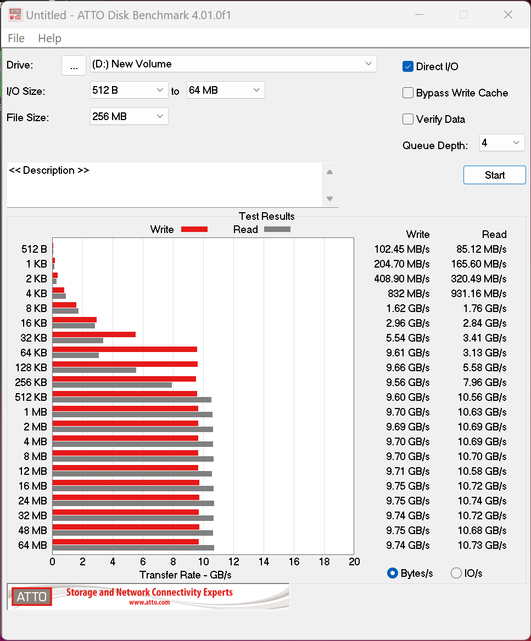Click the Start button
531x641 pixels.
tap(494, 175)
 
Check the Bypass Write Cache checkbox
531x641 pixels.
tap(408, 93)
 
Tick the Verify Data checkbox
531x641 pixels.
tap(408, 119)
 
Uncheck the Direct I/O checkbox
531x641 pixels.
tap(408, 66)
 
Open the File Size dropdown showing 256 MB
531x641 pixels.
tap(129, 116)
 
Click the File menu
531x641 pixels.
tap(16, 38)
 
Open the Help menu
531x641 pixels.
tap(49, 38)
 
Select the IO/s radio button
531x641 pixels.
tap(456, 573)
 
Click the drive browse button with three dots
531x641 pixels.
tap(74, 65)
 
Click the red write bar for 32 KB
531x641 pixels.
tap(94, 334)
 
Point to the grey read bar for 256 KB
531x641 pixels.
tap(112, 385)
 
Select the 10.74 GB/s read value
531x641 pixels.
tap(482, 501)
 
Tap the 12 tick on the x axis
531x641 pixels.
tap(234, 561)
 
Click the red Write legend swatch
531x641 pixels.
tap(194, 229)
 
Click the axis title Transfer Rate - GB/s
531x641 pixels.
tap(186, 575)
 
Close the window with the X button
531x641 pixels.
tap(508, 15)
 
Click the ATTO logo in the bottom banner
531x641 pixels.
tap(32, 597)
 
